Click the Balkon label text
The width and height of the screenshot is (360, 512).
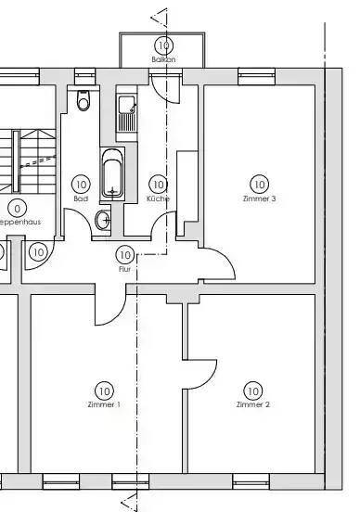pos(163,58)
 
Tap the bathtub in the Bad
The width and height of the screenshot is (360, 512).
pos(112,173)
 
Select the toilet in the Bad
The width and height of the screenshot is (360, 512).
pos(84,100)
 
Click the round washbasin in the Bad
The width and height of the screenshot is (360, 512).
pos(103,221)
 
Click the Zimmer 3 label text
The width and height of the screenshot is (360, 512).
pos(258,198)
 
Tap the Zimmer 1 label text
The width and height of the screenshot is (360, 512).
pos(103,405)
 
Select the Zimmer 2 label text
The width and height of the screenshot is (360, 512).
pos(252,405)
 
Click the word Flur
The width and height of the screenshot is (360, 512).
pos(124,268)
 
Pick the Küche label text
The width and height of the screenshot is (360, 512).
pos(158,198)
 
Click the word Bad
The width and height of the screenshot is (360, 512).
pos(80,198)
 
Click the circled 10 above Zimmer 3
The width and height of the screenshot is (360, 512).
pos(258,185)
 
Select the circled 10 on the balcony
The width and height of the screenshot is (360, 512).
pos(164,45)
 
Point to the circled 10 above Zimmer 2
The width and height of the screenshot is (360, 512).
pos(252,390)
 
